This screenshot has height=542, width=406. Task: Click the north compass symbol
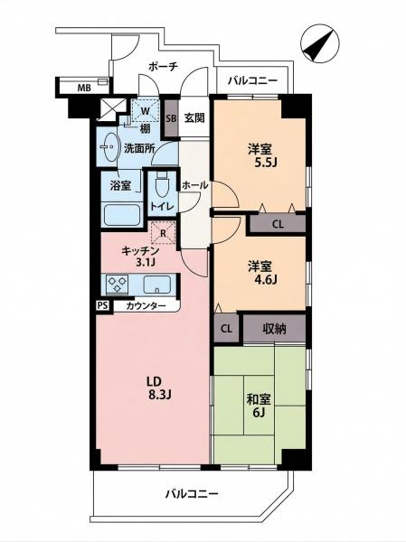319,43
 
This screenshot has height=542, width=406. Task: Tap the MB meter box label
84,88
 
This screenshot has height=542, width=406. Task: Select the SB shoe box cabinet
171,118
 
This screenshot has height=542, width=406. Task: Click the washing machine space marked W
146,111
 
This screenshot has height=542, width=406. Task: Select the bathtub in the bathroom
120,214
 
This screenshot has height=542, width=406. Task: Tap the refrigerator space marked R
164,233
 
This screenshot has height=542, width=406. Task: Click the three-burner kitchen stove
118,285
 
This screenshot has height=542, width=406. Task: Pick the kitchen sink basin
157,285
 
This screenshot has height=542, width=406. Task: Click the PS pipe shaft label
103,305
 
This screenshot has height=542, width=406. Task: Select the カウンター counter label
146,305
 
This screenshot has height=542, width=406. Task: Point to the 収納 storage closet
274,329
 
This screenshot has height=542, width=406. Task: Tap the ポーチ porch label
163,66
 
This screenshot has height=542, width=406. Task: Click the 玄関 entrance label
194,118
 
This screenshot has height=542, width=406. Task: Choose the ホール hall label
194,185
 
